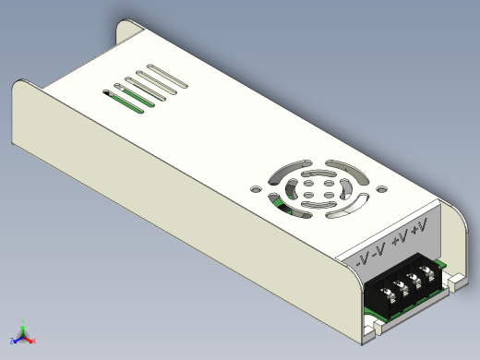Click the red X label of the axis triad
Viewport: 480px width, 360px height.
(x=34, y=341)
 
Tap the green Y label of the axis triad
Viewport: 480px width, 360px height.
(x=23, y=321)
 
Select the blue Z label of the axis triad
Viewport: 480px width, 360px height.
(x=12, y=341)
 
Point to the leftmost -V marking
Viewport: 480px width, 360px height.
(x=362, y=261)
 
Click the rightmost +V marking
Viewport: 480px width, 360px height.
(x=420, y=226)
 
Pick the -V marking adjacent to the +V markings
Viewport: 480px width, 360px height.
(x=378, y=250)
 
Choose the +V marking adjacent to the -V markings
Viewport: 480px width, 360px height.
(x=400, y=238)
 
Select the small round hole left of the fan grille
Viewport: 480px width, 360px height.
(x=256, y=188)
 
